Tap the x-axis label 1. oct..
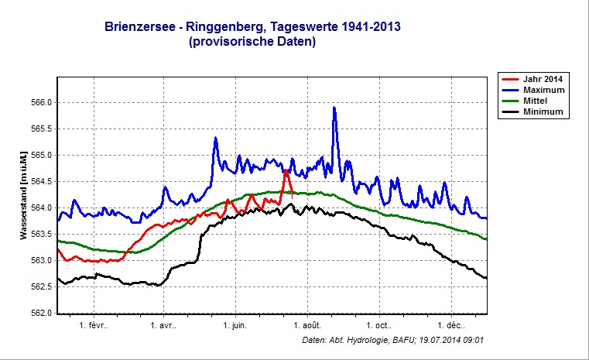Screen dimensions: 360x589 click(378, 326)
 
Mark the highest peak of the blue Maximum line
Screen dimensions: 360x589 click(334, 108)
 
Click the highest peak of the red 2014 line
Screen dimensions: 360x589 click(286, 171)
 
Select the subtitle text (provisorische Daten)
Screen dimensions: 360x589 click(252, 43)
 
